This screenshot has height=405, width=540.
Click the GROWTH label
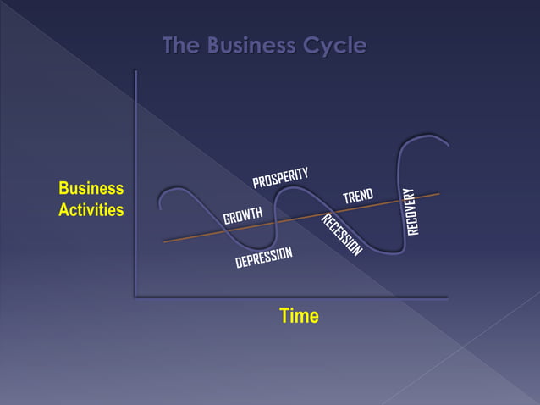coord(243,216)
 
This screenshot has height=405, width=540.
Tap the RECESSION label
coord(342,235)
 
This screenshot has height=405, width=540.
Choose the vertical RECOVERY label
coord(412,212)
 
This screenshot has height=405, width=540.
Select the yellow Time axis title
coord(299,316)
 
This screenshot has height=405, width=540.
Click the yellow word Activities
coord(91,210)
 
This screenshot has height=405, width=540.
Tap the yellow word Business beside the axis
coord(91,188)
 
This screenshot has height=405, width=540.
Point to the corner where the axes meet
coord(135,297)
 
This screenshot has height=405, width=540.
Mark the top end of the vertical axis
coord(135,71)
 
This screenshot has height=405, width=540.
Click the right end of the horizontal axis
coord(446,297)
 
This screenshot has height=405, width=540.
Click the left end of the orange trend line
coord(164,241)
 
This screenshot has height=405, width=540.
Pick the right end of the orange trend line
coord(439,194)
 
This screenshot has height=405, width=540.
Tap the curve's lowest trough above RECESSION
coord(389,252)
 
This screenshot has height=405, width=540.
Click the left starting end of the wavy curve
coord(160,204)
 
